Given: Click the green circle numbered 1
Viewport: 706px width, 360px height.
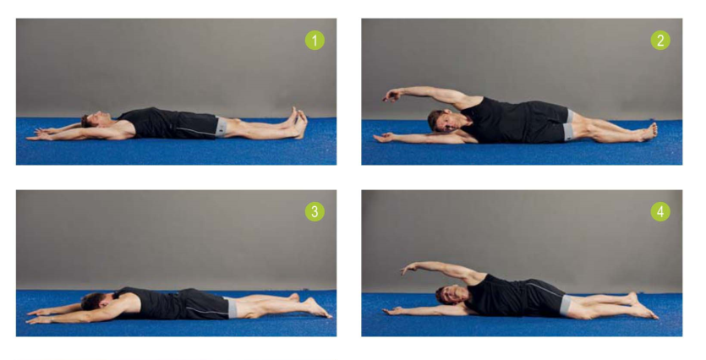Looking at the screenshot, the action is (x=315, y=40).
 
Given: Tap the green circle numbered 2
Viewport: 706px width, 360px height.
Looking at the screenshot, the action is (x=660, y=40).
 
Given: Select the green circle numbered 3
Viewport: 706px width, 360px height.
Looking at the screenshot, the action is (x=315, y=211).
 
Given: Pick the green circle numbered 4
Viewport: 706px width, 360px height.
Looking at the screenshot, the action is (x=660, y=211).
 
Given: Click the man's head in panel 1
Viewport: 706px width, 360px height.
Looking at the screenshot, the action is (x=96, y=119).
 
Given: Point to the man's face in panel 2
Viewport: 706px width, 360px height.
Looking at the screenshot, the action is (x=444, y=121).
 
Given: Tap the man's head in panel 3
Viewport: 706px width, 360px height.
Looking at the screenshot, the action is (x=96, y=301).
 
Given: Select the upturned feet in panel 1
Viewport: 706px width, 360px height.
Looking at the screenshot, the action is (x=298, y=121).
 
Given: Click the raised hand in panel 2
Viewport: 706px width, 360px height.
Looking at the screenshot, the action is (x=393, y=95).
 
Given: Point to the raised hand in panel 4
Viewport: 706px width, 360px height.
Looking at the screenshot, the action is (x=409, y=269).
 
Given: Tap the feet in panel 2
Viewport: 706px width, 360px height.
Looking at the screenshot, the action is (x=647, y=131).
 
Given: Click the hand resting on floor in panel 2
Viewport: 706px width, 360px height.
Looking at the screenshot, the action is (x=384, y=137).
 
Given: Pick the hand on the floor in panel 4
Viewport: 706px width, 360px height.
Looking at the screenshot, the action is (x=392, y=310).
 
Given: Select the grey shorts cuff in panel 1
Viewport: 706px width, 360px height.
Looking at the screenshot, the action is (x=222, y=127).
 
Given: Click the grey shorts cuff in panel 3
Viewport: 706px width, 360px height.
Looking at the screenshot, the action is (x=232, y=308).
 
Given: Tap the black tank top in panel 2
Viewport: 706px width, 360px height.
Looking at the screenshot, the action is (x=494, y=119).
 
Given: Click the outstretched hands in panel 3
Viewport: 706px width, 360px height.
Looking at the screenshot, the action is (x=43, y=316).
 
